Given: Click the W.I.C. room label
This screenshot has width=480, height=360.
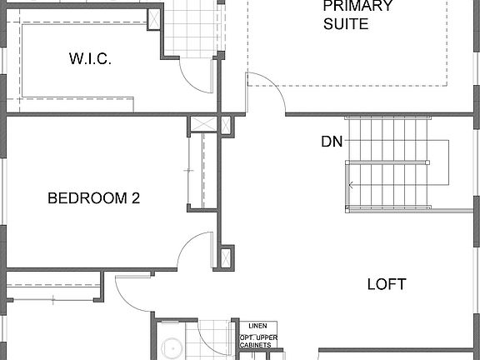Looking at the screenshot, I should coord(89,59).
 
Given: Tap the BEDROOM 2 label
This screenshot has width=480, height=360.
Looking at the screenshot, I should coord(93,198).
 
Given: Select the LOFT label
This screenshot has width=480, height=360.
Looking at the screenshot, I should coord(387,284).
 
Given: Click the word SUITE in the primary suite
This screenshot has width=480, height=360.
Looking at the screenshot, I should coord(346,24).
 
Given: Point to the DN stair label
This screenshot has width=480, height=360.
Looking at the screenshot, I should coord(332,142).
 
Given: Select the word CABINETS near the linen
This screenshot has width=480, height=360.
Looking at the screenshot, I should coord(259,347).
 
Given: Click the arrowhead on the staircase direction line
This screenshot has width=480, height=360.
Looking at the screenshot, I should coord(352,185).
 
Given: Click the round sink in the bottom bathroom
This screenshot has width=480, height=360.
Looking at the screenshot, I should coord(172,349).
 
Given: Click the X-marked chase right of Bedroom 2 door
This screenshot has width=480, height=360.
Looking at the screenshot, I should coord(227,257).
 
